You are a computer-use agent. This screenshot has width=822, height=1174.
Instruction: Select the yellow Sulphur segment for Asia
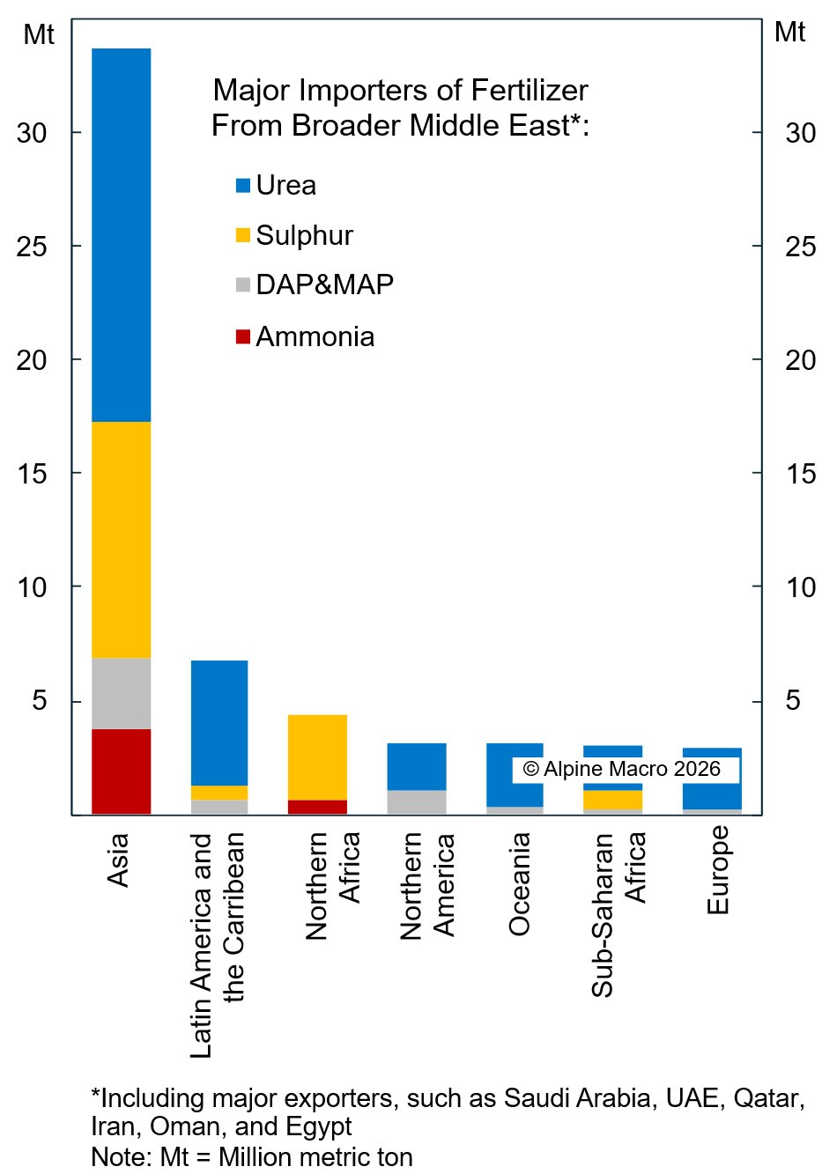coord(122,540)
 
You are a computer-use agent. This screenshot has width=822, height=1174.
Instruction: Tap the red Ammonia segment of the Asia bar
coord(122,772)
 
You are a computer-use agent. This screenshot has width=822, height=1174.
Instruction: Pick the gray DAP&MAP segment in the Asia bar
coord(122,693)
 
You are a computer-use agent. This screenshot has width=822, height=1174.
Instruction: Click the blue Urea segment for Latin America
coord(219,722)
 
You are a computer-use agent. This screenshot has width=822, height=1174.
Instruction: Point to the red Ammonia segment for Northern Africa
coord(317,807)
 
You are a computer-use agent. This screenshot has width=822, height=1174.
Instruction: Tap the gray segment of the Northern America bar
coord(417,802)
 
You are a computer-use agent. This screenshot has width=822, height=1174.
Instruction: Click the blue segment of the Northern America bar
coord(417,766)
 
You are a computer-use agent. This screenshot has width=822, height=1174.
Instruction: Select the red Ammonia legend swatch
coord(243,336)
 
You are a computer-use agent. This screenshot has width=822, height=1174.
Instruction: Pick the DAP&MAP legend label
coord(324,284)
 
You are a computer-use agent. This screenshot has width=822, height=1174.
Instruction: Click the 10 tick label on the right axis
coord(800,587)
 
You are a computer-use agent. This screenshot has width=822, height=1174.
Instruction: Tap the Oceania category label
coord(519,883)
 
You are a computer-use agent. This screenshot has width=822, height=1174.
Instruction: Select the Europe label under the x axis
coord(718,869)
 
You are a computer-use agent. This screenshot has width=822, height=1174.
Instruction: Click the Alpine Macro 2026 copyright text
coord(622,769)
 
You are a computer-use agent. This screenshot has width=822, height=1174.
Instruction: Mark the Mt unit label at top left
coord(38,35)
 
